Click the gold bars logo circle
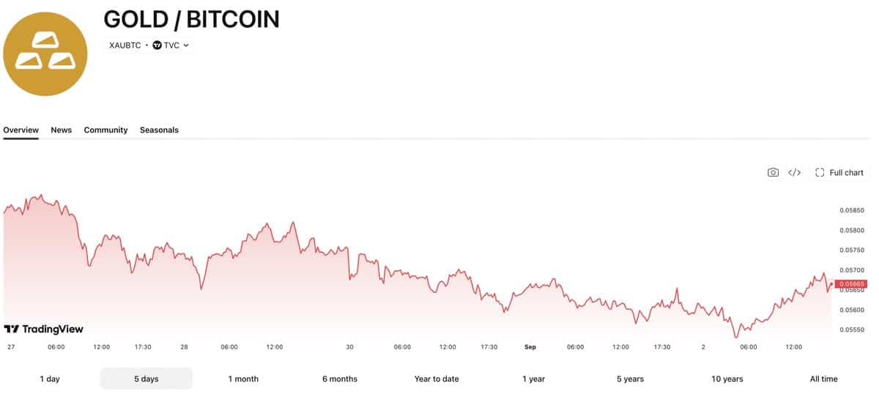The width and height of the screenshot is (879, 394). [45, 53]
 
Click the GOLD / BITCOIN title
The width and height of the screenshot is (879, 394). [191, 19]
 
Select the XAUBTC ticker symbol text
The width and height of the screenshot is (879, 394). [125, 45]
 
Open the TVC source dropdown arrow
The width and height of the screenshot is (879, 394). [186, 45]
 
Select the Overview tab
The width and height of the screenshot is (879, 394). [21, 130]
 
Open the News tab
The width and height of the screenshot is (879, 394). [62, 130]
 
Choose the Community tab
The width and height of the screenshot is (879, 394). [105, 130]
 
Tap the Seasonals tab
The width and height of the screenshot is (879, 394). [159, 130]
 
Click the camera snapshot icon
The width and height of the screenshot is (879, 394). [773, 173]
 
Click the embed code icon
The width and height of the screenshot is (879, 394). [795, 173]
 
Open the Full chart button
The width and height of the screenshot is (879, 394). [839, 173]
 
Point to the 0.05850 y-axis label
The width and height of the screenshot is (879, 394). [852, 210]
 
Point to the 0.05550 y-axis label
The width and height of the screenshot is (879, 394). [852, 330]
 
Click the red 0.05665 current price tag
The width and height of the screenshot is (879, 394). [851, 283]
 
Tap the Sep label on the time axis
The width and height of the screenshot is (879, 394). [530, 347]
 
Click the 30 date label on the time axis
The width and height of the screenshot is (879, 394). [349, 347]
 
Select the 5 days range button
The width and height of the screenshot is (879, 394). [146, 379]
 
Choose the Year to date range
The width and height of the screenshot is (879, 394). [437, 379]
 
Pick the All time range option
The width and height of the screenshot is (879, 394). [823, 379]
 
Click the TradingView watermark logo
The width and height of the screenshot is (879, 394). [43, 329]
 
